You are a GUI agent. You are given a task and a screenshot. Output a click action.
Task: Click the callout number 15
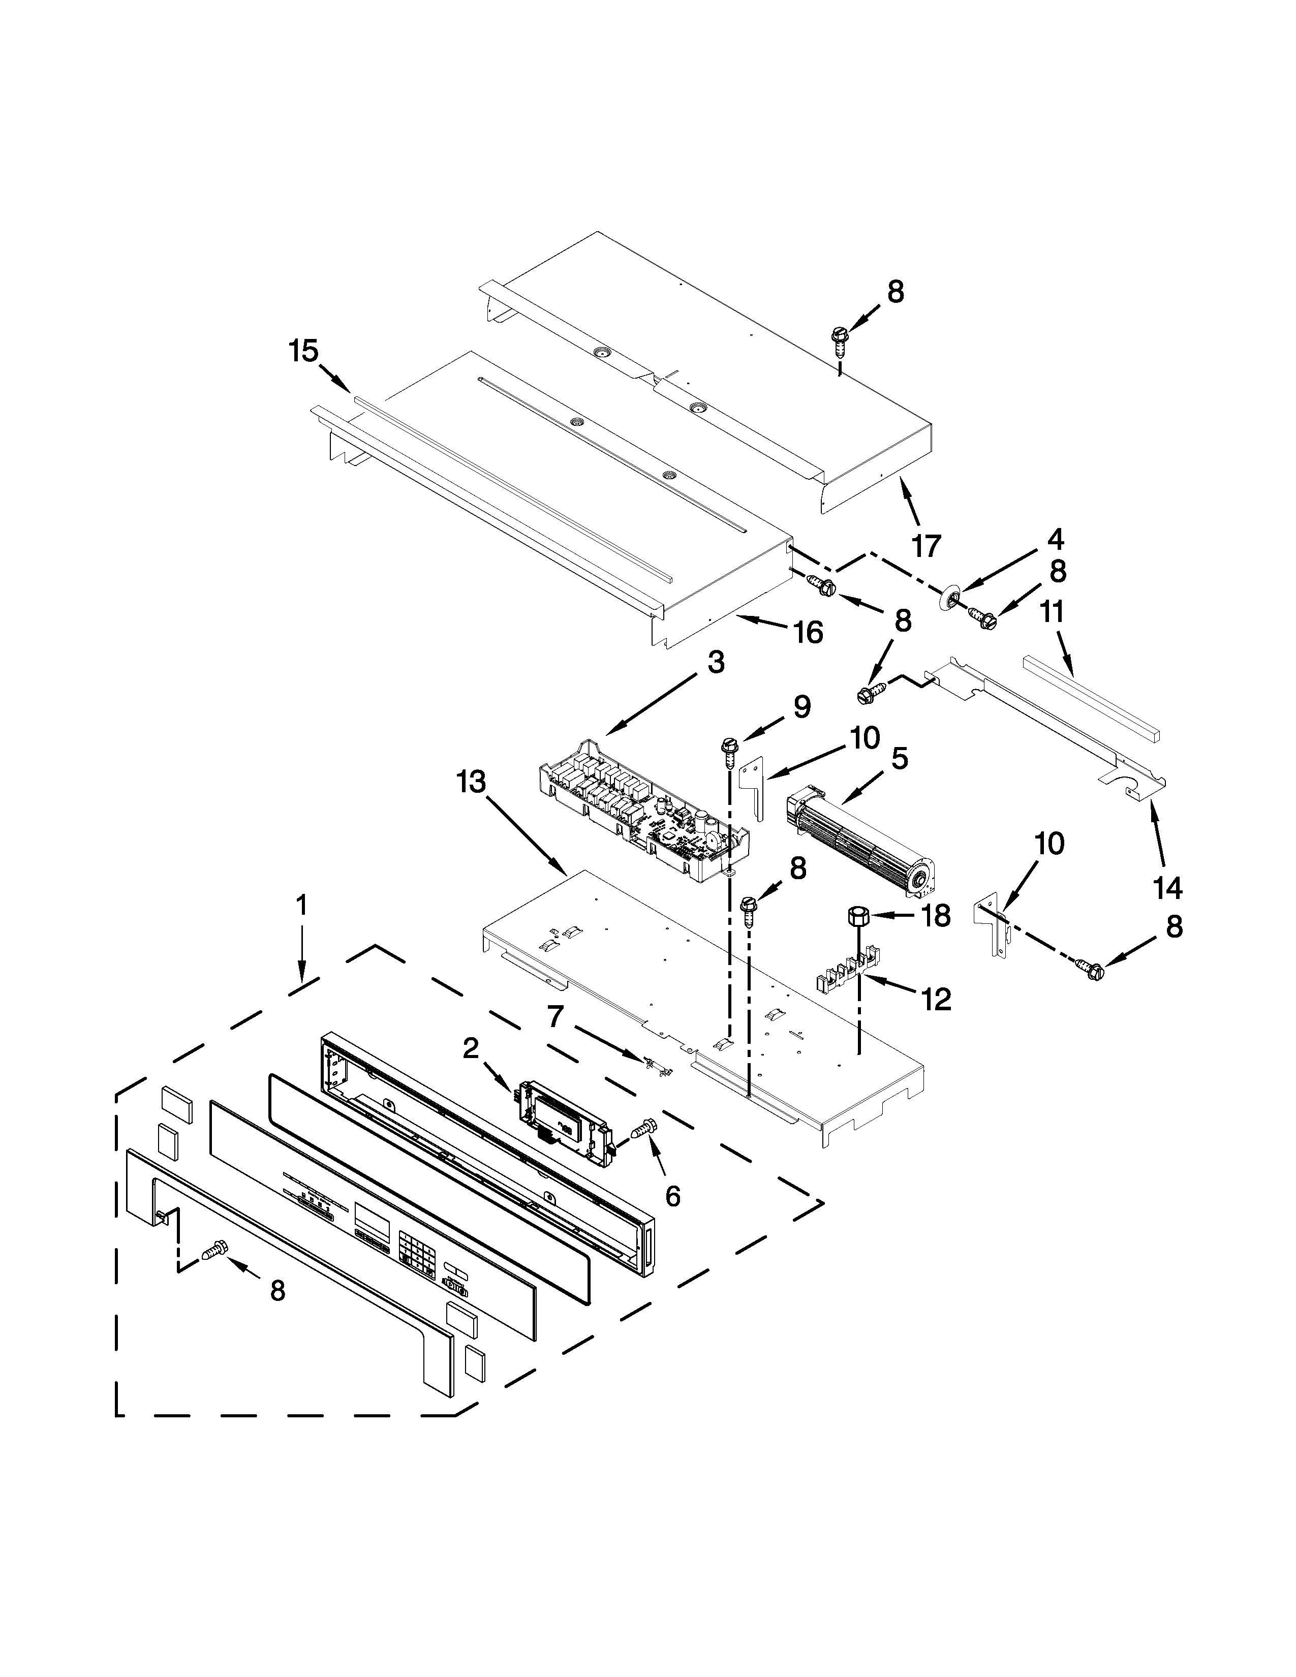(x=303, y=351)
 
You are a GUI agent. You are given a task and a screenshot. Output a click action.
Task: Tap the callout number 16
(x=808, y=632)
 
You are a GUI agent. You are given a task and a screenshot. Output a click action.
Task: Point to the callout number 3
(x=716, y=661)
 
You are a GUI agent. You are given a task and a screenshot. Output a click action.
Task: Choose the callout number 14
(x=1167, y=888)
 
